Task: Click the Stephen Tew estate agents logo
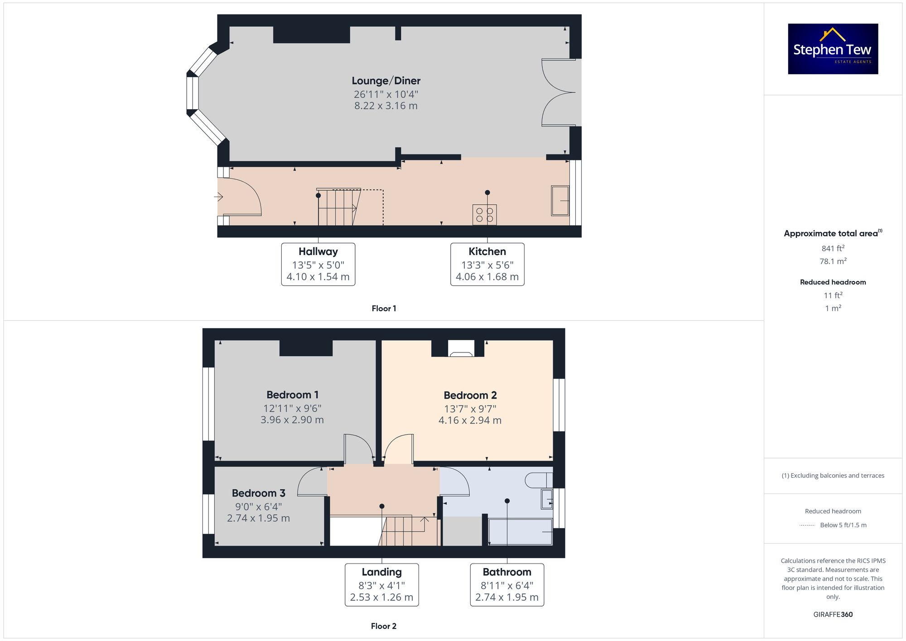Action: pos(833,49)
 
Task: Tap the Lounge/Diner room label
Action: pos(386,81)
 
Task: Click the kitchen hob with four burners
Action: pos(484,215)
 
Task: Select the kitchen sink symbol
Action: pos(560,201)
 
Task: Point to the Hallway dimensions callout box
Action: pos(318,264)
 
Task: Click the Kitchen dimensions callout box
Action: pos(487,264)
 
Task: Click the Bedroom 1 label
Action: pos(292,395)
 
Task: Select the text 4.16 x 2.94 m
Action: pos(470,420)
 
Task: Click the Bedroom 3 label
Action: pos(258,493)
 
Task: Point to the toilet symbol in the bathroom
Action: pos(538,480)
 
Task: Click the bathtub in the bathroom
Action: pos(520,532)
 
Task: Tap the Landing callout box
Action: pos(381,584)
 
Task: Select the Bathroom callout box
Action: pos(506,584)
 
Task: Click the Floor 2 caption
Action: pos(383,626)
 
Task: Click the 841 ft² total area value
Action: pos(833,248)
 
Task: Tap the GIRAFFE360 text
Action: pos(833,614)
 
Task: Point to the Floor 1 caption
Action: pos(384,308)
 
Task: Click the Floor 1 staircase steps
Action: pos(337,208)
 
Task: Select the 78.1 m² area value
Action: pos(833,261)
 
